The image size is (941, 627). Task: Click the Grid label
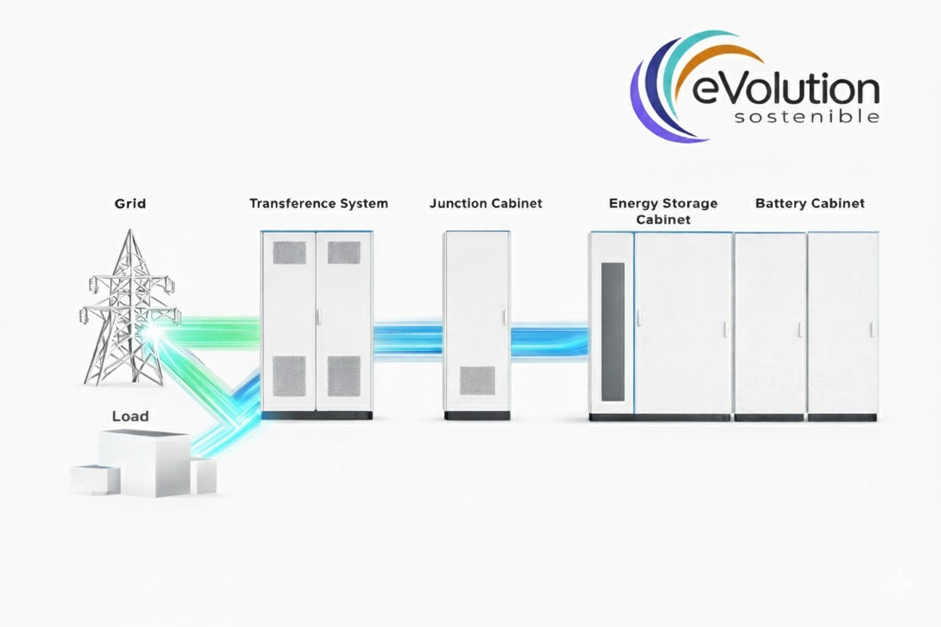[x=130, y=204]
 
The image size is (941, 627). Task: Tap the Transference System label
[x=319, y=203]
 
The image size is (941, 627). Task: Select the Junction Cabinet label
[x=486, y=203]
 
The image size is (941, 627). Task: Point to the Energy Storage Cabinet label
[x=664, y=211]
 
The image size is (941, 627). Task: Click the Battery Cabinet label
[x=810, y=203]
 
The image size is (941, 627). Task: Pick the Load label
[x=130, y=416]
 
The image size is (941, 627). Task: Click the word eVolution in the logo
[x=785, y=89]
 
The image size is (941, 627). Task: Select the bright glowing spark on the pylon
[x=153, y=332]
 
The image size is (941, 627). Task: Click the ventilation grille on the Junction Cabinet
[x=477, y=381]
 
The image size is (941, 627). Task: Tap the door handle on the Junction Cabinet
[x=505, y=317]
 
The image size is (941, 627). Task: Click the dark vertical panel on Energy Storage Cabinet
[x=612, y=332]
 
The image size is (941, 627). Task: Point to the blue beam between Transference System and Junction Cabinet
[x=407, y=340]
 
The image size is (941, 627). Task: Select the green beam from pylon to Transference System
[x=219, y=332]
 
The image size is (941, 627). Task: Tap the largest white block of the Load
[x=144, y=463]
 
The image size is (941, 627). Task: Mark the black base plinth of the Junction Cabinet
[x=477, y=415]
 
